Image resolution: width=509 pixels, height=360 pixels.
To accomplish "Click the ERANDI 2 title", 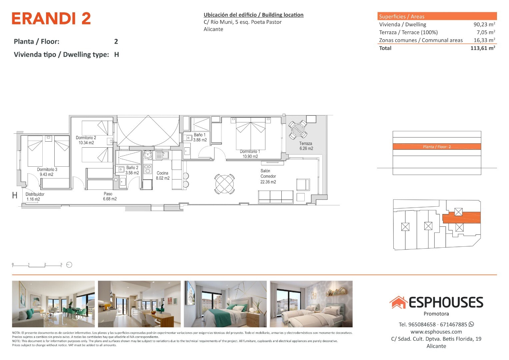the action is point(51,18).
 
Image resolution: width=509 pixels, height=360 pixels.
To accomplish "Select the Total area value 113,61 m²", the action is point(483,48).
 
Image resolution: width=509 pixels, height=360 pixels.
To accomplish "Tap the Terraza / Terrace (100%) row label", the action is point(408,32).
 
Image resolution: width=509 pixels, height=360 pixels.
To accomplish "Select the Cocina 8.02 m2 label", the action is point(163,175).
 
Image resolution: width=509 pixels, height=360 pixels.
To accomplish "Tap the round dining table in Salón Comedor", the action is point(225,184).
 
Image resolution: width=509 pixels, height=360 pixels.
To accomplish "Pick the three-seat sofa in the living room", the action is point(276,197).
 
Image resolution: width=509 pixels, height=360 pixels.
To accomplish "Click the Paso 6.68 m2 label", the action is point(110,196).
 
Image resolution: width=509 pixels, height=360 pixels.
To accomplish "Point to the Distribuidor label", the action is point(35,194).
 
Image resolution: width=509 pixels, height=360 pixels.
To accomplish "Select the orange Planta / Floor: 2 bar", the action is point(437,147).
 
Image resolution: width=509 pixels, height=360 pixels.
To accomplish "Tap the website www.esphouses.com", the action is point(436,332).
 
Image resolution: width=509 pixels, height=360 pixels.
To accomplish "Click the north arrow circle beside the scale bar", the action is point(69,265).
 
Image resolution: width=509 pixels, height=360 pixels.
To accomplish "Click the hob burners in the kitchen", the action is point(148,169).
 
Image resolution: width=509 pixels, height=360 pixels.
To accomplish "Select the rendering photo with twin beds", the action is point(311,304).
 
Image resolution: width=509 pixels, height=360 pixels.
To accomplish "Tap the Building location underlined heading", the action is point(253,15).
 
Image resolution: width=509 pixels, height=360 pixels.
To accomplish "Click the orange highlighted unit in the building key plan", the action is point(461,217).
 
